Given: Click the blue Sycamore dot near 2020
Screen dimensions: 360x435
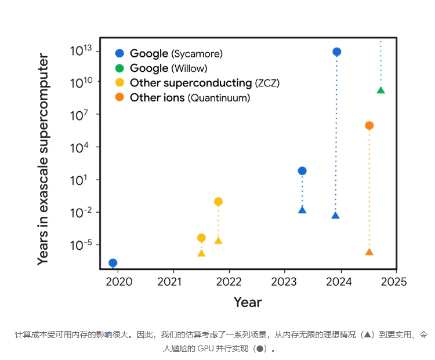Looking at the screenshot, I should [113, 263].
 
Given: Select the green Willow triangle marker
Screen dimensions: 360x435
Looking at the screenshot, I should [380, 90].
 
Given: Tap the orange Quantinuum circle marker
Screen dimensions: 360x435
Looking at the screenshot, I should [369, 126].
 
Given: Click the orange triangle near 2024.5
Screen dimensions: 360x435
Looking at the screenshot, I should [369, 252].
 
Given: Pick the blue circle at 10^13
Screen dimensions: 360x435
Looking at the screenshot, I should [336, 52].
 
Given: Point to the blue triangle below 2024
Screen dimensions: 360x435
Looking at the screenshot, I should [335, 215].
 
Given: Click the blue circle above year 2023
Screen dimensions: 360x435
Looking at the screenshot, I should [302, 170].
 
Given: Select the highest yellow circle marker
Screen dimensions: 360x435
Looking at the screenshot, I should [218, 202].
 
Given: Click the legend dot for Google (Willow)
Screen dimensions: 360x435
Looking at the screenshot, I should [119, 68].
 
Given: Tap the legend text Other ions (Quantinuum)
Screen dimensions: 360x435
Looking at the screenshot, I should [190, 98].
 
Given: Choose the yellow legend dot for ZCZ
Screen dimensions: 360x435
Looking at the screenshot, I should [119, 83].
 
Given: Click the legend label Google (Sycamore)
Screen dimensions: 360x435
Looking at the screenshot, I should [176, 54].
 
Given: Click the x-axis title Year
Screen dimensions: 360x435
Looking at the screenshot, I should [248, 302].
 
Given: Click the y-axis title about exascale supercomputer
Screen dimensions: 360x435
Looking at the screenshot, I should [43, 159].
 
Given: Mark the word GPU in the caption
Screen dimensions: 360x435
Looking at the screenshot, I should [205, 349].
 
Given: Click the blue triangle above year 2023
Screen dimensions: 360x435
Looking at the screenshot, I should [302, 209].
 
